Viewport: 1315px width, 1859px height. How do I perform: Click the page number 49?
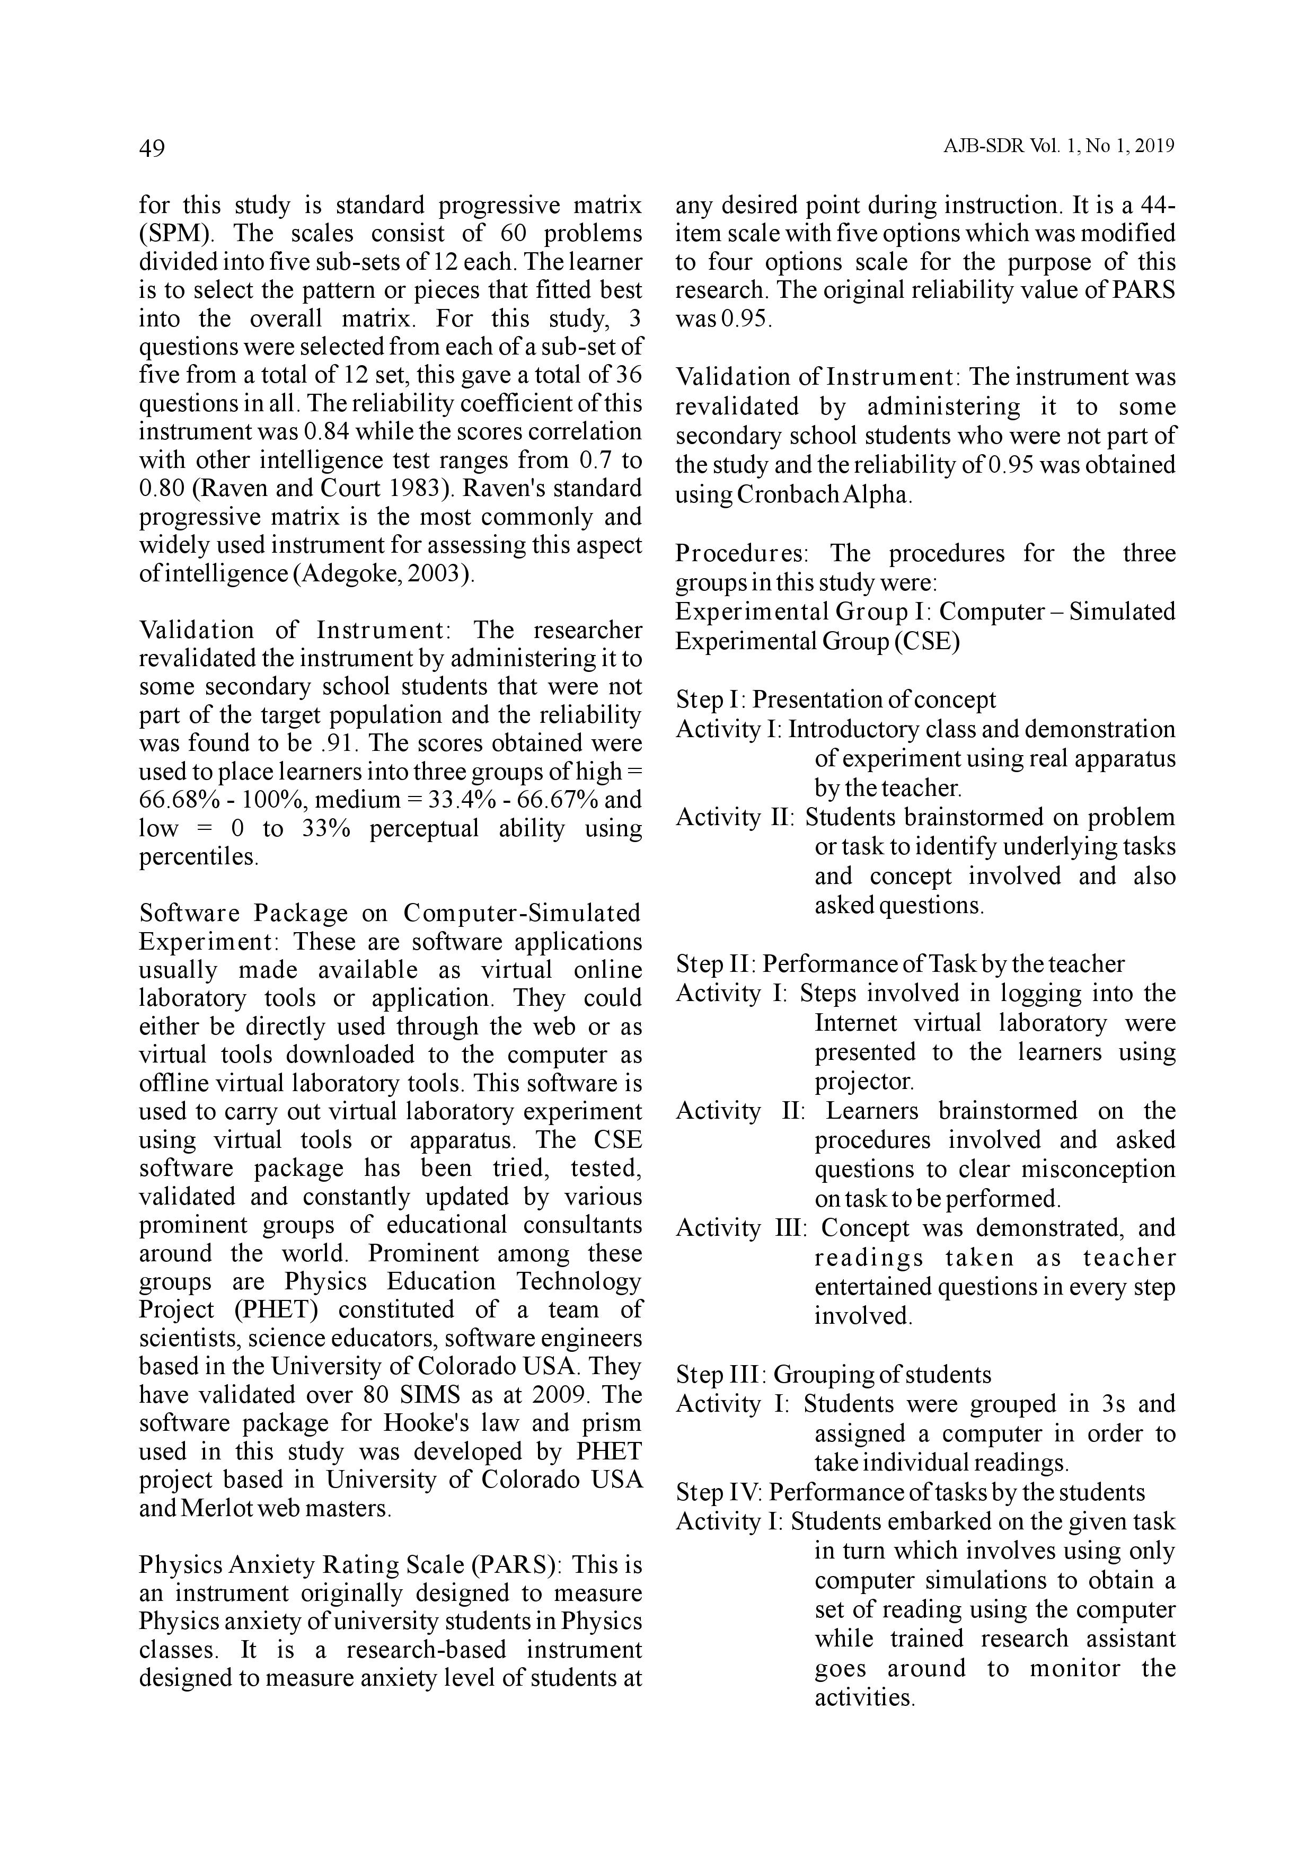point(152,148)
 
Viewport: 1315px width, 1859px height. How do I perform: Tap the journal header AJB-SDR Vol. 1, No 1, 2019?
point(1058,147)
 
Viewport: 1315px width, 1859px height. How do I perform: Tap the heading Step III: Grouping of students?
point(833,1374)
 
